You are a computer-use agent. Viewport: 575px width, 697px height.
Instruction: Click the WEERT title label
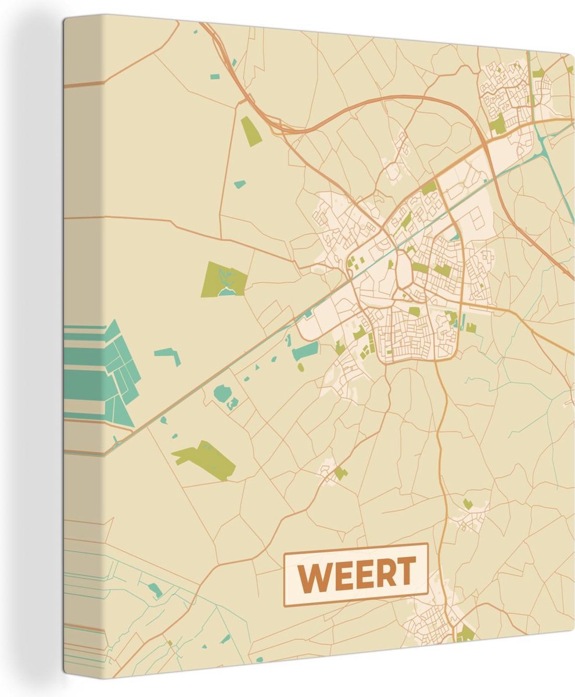tap(355, 575)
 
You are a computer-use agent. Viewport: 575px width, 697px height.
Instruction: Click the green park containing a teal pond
tap(224, 279)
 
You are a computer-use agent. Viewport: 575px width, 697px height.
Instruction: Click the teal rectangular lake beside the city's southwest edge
tap(306, 350)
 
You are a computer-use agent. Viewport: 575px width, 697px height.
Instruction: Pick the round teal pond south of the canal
tap(222, 393)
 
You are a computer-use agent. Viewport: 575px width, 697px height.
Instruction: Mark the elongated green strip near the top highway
tap(251, 131)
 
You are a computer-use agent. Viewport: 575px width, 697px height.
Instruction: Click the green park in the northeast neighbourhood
tap(497, 124)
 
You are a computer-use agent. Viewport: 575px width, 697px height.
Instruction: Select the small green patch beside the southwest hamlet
tap(339, 473)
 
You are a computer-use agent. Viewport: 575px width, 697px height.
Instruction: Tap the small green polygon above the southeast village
tap(467, 504)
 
